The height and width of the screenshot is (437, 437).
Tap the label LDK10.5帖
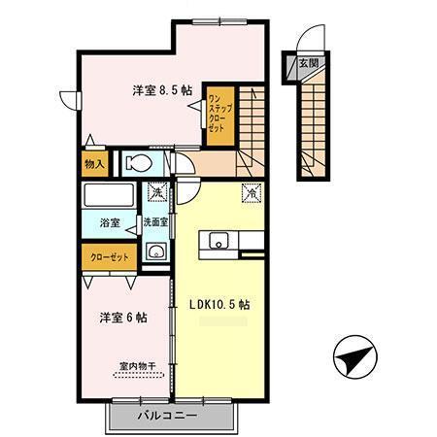pos(218,303)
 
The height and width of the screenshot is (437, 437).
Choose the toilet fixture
pos(138,163)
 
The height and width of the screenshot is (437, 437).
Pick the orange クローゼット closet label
pos(109,259)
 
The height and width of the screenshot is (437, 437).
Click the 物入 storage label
pos(94,164)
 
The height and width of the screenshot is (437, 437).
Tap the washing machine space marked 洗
pos(155,193)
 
